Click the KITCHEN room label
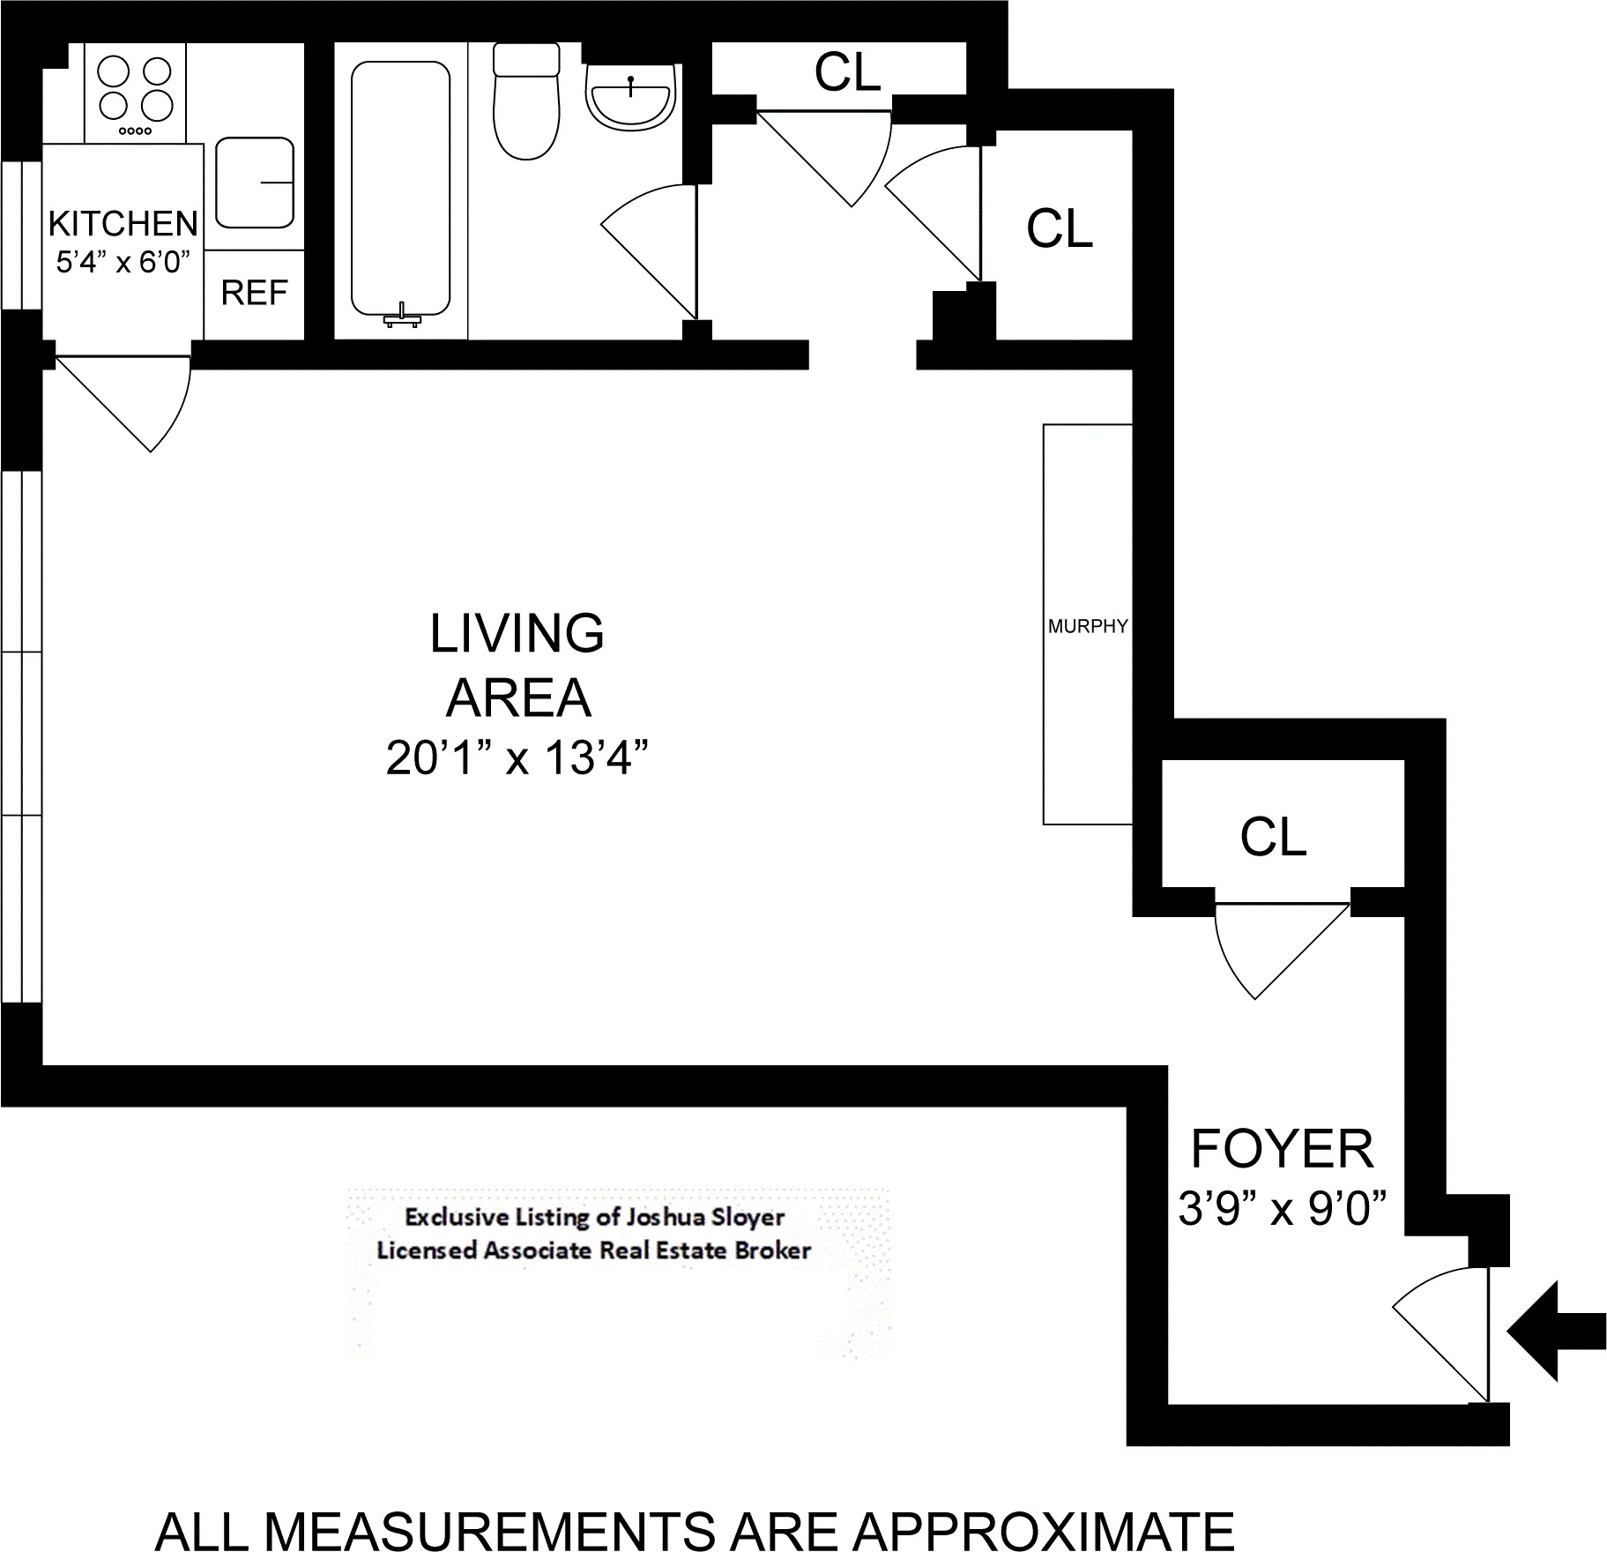pyautogui.click(x=123, y=224)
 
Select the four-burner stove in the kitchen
pyautogui.click(x=136, y=93)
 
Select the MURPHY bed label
pyautogui.click(x=1088, y=626)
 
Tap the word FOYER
pyautogui.click(x=1283, y=1149)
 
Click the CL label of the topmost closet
pyautogui.click(x=848, y=72)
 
